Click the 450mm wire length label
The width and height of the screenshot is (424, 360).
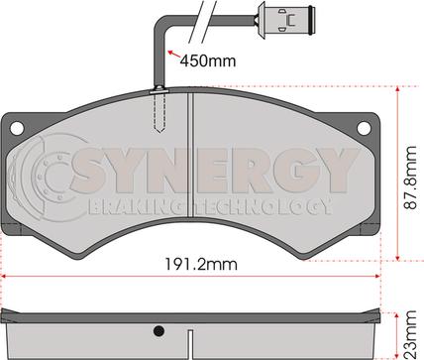click(x=208, y=60)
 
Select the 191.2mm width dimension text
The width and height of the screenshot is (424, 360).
click(x=201, y=265)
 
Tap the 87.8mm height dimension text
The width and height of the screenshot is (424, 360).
click(x=410, y=178)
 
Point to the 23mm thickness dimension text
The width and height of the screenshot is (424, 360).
click(x=410, y=334)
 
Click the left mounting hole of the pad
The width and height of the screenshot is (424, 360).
click(x=17, y=128)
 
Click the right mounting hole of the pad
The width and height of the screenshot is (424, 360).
click(x=364, y=128)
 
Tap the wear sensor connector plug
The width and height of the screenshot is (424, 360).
click(x=285, y=20)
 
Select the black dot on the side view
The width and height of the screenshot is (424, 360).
click(x=159, y=331)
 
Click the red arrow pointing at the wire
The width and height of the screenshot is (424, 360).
click(x=174, y=55)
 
